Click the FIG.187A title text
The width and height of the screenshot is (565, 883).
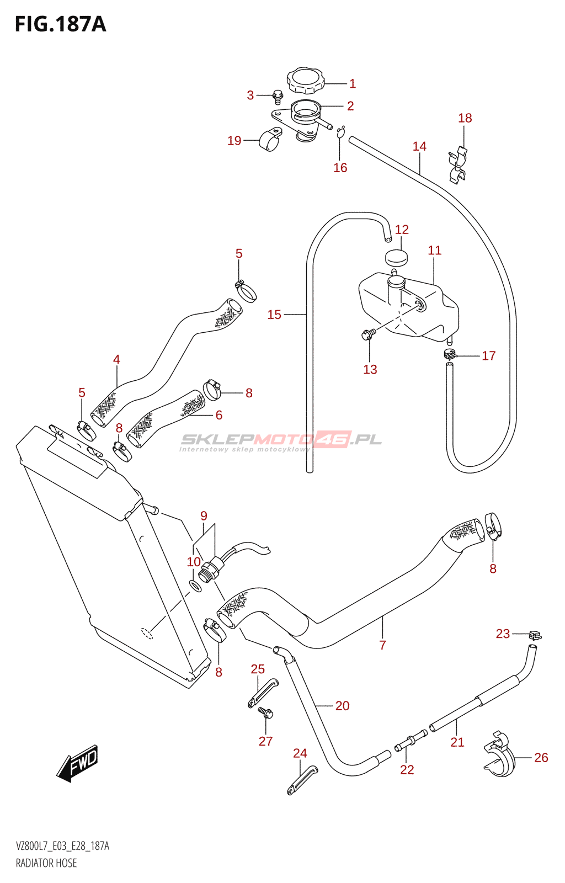60,24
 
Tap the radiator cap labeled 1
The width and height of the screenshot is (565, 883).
305,81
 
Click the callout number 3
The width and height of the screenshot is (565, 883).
250,95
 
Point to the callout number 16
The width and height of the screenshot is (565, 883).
340,168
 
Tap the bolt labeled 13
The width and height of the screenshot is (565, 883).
367,334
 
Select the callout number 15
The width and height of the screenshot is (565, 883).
274,315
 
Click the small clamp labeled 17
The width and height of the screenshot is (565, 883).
450,354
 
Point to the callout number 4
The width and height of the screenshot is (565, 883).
116,359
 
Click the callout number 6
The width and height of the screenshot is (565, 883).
219,415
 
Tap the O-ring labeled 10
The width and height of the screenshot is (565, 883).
195,586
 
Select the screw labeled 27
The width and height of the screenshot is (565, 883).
266,713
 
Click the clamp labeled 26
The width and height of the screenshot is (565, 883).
499,754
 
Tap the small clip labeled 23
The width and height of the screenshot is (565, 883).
534,635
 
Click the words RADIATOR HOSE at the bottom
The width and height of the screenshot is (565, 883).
46,863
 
